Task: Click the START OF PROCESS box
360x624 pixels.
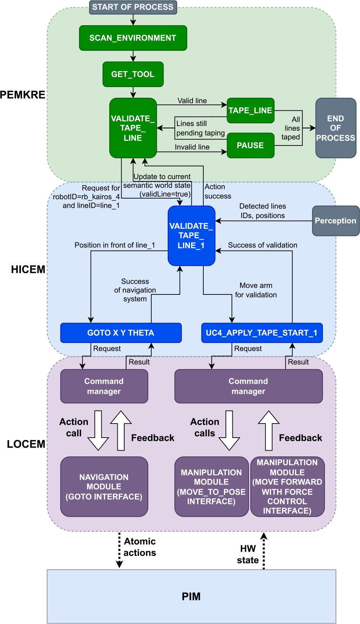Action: pos(133,7)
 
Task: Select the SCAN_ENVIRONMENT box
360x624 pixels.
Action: pos(133,38)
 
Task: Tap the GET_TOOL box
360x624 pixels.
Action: pos(133,74)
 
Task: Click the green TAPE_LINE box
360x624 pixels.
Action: pos(250,110)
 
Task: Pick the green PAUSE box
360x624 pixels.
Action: pos(250,145)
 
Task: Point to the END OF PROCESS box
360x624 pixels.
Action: pos(335,128)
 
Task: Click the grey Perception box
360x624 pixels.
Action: pos(335,220)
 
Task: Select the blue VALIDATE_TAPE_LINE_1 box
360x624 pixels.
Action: pos(191,236)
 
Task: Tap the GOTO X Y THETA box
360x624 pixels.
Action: pos(121,333)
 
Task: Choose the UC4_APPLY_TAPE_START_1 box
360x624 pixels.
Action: pos(261,333)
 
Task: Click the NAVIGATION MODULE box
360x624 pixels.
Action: pos(104,487)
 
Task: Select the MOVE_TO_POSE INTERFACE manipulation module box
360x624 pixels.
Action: pos(211,487)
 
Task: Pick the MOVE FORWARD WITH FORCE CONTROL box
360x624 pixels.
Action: pos(287,487)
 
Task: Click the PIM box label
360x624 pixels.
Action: pos(191,597)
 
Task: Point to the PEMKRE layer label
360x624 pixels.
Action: pos(23,95)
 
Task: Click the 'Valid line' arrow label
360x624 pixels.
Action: pos(192,101)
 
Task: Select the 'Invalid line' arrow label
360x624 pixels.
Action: pos(192,147)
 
